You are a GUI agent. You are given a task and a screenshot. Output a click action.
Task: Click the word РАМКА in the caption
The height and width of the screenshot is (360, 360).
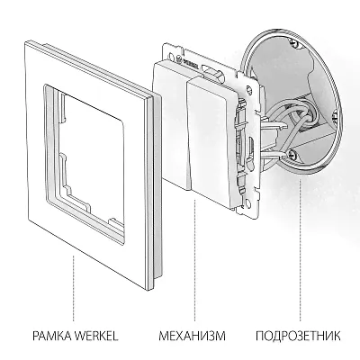tap(51, 336)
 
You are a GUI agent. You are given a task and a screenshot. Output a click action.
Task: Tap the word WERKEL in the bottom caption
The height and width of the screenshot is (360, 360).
tap(95, 336)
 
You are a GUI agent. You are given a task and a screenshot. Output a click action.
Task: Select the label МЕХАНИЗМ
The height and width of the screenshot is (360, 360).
tap(193, 336)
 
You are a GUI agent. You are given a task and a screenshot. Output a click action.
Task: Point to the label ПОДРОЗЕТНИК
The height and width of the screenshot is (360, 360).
tap(298, 336)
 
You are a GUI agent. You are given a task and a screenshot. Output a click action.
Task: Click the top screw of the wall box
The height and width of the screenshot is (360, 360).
tap(295, 44)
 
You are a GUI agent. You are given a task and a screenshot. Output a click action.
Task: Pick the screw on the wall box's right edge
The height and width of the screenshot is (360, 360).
tap(335, 115)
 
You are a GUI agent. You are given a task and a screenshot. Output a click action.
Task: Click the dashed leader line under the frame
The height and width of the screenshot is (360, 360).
tap(74, 289)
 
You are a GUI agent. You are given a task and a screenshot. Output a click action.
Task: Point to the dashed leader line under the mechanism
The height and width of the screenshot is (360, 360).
tap(195, 258)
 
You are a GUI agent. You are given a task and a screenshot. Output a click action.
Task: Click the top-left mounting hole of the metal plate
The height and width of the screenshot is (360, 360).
tap(171, 56)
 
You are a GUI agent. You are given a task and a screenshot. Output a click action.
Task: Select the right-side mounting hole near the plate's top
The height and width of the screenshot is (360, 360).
tap(248, 89)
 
